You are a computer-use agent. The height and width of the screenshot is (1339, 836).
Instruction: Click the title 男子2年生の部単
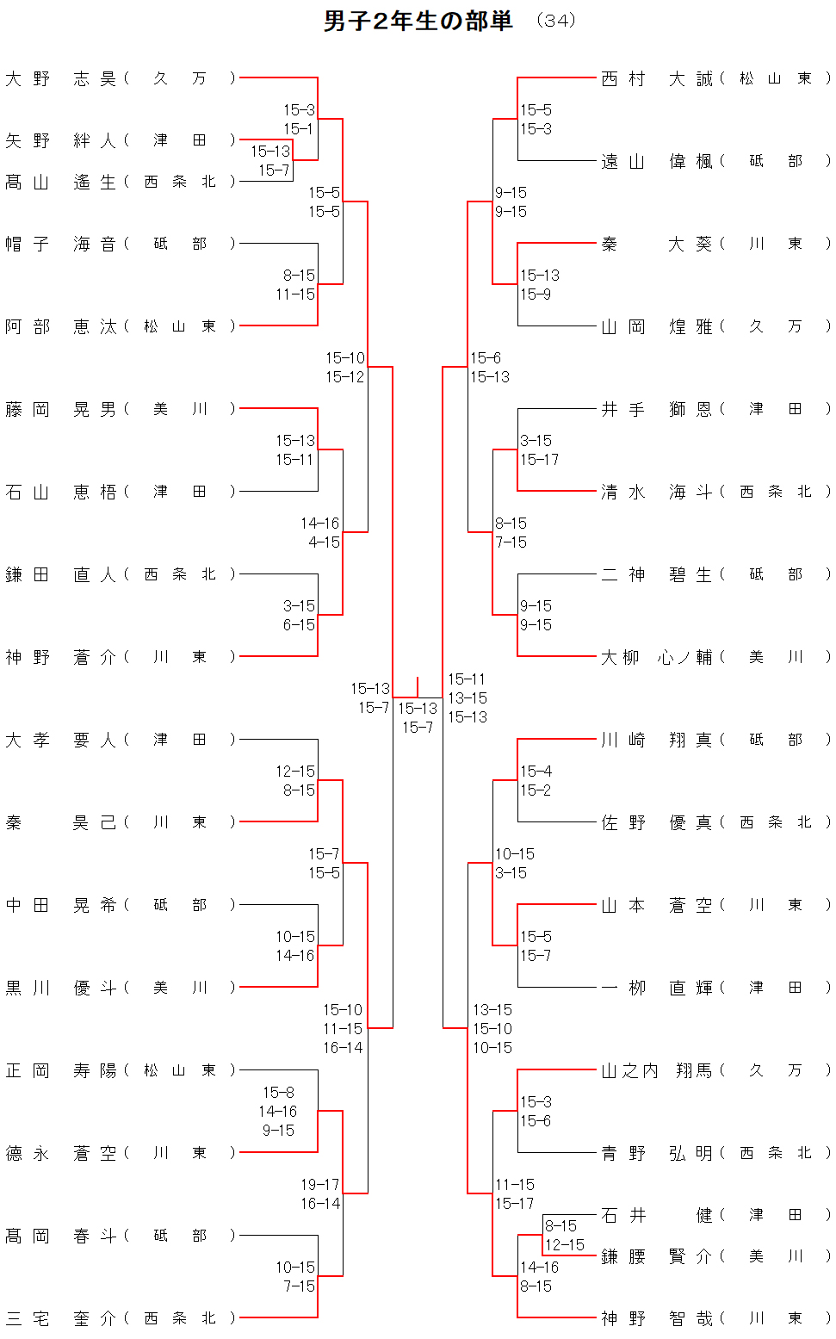(418, 21)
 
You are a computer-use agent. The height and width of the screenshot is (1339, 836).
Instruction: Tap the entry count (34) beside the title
(555, 21)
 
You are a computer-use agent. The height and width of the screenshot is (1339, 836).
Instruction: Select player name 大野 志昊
(60, 78)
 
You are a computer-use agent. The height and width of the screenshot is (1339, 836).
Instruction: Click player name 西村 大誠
(657, 78)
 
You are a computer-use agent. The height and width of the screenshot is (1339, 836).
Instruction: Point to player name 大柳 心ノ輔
(657, 657)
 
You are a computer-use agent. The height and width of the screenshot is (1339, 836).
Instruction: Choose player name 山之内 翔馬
(657, 1070)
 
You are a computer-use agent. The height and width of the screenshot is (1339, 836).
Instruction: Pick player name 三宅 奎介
(60, 1318)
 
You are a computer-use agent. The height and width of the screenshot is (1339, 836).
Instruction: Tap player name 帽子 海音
(60, 244)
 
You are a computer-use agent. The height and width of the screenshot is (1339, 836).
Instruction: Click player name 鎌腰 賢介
(657, 1256)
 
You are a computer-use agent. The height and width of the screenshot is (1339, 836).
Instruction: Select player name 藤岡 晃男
(60, 409)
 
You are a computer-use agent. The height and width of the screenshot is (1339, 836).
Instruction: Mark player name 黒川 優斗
(60, 988)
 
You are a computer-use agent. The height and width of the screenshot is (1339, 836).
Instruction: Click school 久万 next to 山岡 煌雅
(775, 326)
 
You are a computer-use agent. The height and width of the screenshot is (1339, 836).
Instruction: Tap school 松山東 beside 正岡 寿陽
(179, 1070)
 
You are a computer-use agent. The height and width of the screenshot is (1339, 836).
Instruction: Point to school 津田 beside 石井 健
(775, 1215)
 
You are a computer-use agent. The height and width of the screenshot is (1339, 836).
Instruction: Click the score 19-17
(319, 1185)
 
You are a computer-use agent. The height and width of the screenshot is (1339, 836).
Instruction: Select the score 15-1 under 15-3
(298, 129)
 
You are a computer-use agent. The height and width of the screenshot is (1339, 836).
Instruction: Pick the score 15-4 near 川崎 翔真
(536, 772)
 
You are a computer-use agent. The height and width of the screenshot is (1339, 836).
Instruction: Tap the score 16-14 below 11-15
(343, 1048)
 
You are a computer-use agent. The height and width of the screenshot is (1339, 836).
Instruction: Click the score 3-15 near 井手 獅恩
(536, 441)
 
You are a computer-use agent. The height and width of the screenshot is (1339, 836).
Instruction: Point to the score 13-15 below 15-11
(468, 698)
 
